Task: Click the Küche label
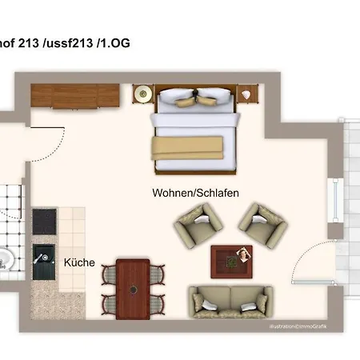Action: (79, 262)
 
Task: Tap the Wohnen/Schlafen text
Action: (196, 193)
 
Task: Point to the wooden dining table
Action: (132, 286)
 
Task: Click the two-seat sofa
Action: (230, 302)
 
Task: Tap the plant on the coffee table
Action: (240, 256)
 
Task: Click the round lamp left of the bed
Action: (144, 94)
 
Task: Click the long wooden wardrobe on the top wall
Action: (74, 96)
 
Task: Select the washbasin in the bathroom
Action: (6, 258)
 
